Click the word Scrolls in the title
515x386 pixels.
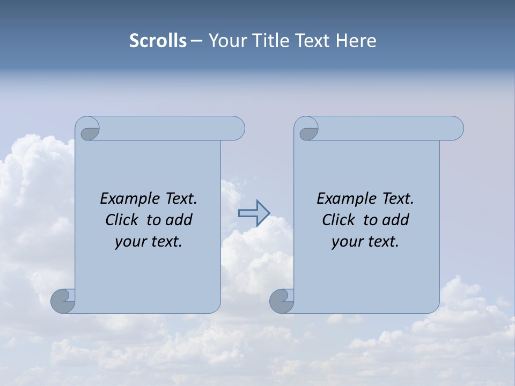[x=158, y=40]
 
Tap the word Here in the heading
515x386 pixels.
[x=356, y=40]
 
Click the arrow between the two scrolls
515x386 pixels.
[x=254, y=213]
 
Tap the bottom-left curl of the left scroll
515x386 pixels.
[x=63, y=301]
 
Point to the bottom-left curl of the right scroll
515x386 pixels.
[x=282, y=301]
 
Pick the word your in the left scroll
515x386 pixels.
[x=131, y=242]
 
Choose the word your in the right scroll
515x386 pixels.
[x=348, y=242]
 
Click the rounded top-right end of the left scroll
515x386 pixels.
[x=236, y=129]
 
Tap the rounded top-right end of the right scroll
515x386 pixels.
[x=455, y=129]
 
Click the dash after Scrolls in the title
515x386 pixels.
[x=196, y=41]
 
